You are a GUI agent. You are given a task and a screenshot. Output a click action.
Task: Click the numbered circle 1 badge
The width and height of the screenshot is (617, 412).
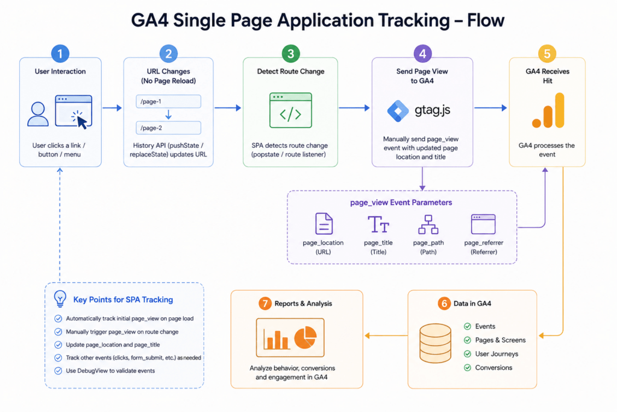(60, 54)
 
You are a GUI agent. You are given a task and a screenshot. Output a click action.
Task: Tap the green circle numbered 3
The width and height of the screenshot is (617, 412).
(291, 54)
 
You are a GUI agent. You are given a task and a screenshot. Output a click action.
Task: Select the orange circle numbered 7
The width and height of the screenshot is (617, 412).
(265, 303)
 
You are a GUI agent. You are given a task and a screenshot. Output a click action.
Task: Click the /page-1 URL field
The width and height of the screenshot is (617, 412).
(169, 101)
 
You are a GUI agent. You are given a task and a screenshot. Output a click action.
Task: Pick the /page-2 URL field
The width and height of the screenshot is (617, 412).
(169, 128)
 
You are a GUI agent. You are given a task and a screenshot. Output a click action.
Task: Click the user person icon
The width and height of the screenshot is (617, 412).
(38, 114)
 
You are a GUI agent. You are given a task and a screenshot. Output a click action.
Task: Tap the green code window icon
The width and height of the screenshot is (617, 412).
(290, 110)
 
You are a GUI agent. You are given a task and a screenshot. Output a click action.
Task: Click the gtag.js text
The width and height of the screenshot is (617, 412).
(432, 110)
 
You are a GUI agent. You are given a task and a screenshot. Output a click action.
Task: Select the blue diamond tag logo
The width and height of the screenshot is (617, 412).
(398, 110)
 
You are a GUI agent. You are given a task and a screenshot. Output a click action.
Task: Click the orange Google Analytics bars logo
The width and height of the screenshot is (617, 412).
(548, 110)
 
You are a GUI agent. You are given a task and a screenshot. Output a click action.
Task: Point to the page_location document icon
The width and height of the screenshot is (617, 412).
(324, 224)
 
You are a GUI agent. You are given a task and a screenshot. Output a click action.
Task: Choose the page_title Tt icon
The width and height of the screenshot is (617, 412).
(378, 224)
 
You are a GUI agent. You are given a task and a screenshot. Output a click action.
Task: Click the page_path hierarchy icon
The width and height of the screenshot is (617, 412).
(428, 224)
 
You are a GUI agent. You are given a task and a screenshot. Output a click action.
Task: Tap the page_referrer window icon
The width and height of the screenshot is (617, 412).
(483, 224)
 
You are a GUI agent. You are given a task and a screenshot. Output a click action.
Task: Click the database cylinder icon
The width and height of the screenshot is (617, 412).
(435, 343)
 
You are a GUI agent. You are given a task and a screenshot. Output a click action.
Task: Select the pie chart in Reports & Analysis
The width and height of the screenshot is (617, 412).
(305, 338)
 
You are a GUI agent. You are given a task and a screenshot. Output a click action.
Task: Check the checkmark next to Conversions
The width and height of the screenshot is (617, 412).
(468, 367)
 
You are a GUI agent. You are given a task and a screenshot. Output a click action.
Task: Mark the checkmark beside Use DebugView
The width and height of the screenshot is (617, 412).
(58, 370)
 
